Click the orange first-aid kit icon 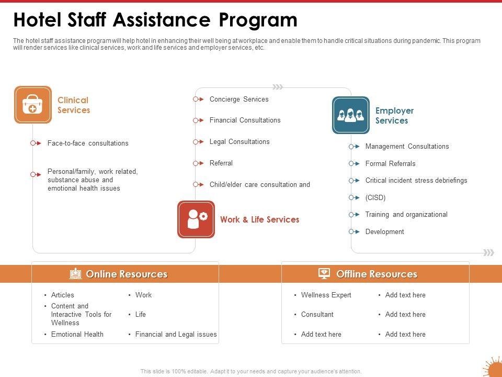click(33, 105)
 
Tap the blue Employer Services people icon click(351, 115)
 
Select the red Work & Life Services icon click(196, 219)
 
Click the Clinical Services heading click(73, 105)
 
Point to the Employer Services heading click(394, 116)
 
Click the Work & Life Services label click(259, 220)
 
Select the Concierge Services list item click(239, 99)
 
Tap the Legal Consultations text click(239, 142)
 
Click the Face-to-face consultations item click(87, 143)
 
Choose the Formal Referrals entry click(390, 164)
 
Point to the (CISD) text click(375, 198)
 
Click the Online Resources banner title click(127, 274)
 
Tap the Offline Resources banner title click(376, 274)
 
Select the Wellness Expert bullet click(326, 295)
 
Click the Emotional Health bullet click(77, 335)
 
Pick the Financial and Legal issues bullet click(176, 335)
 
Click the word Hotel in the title click(37, 20)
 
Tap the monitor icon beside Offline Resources click(324, 274)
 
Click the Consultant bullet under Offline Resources click(317, 315)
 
